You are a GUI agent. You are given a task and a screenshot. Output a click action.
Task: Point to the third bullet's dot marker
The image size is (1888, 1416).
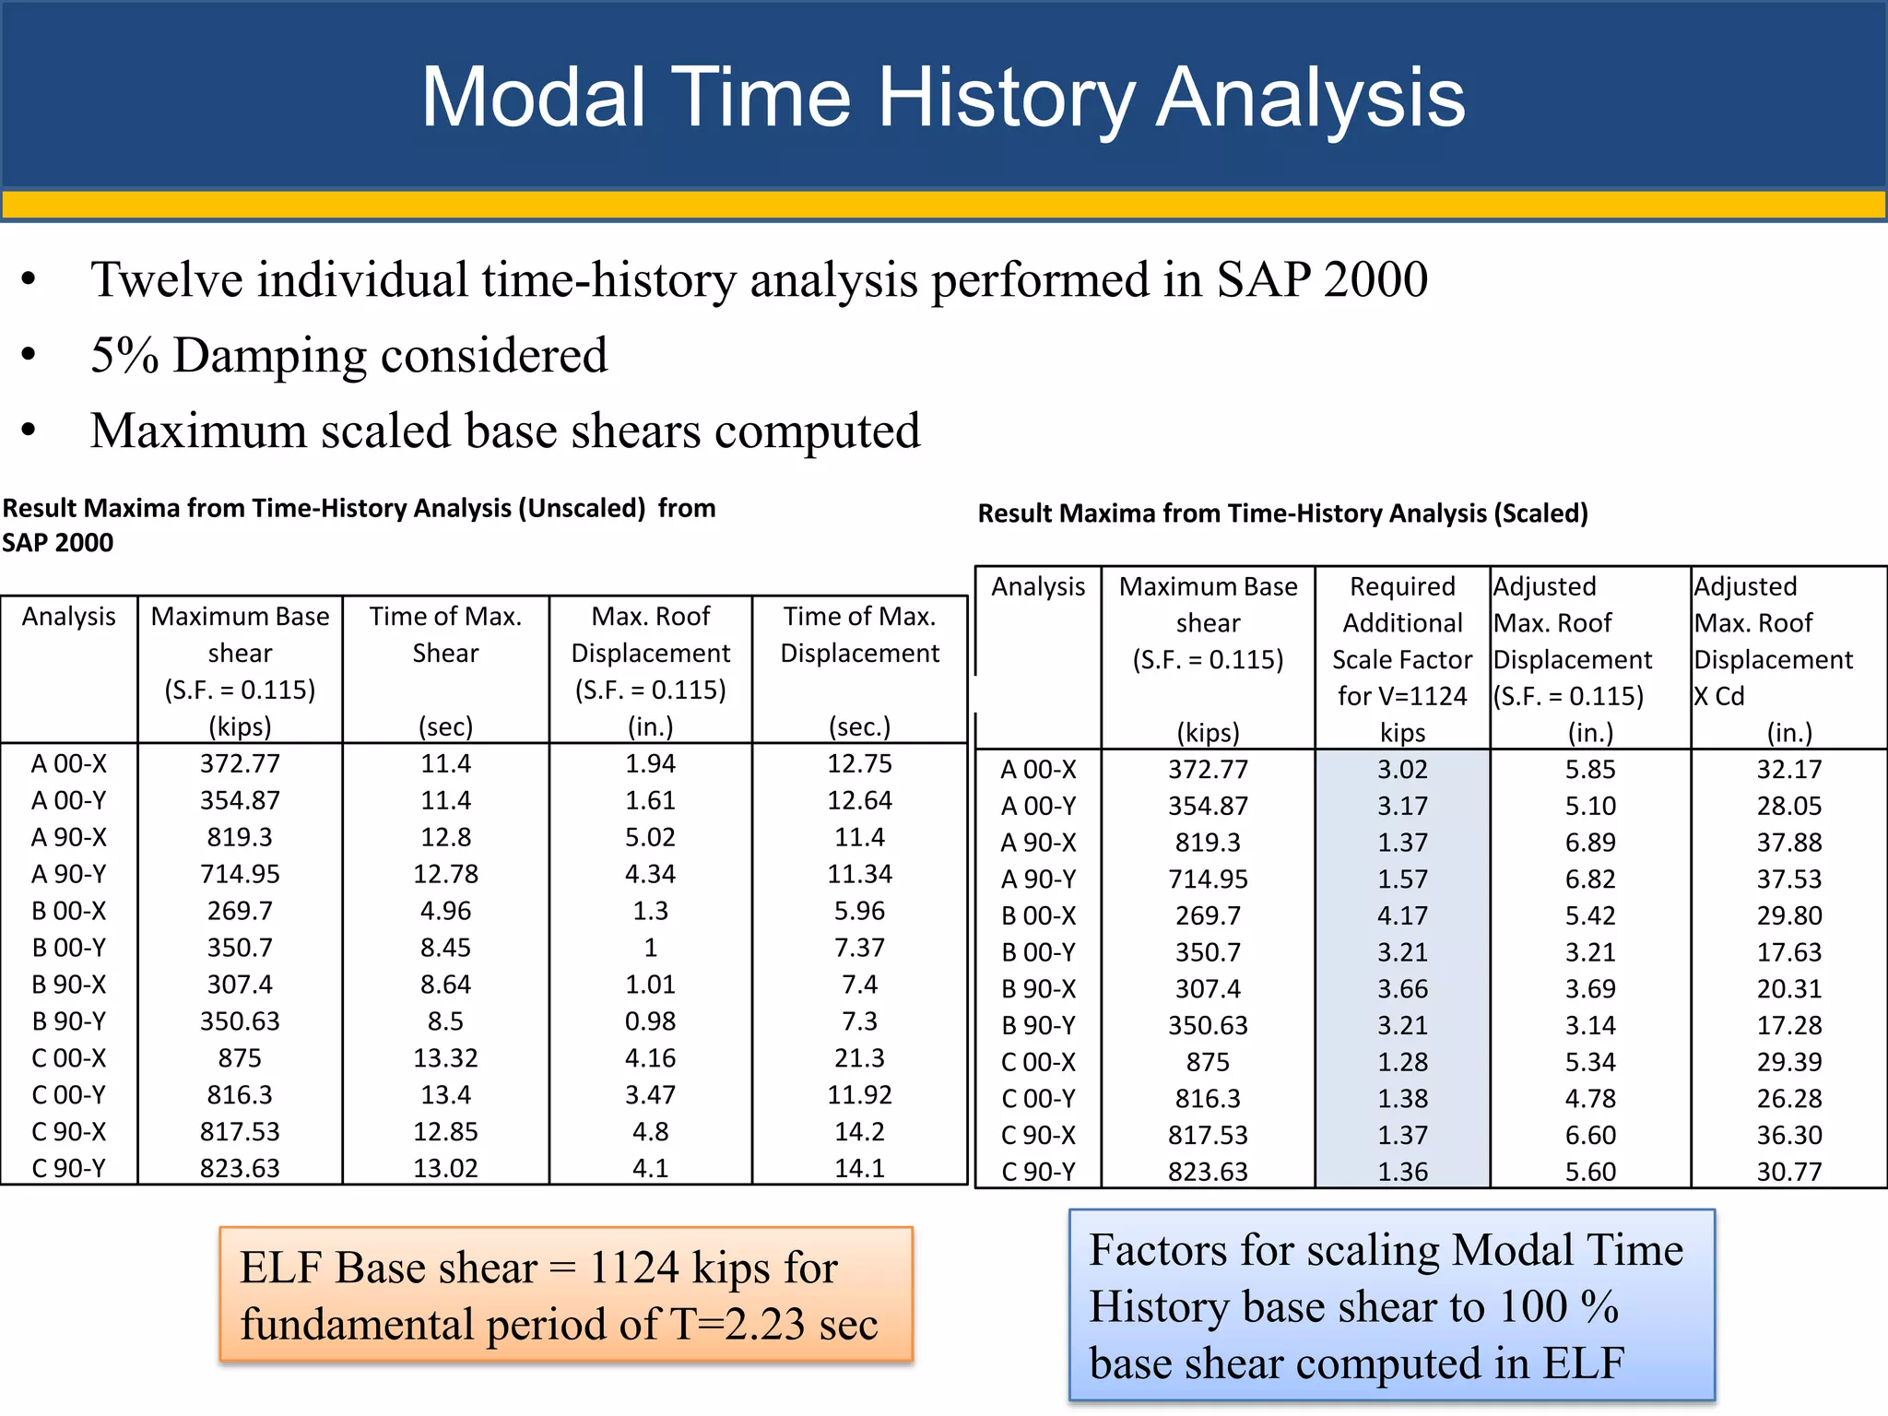click(29, 431)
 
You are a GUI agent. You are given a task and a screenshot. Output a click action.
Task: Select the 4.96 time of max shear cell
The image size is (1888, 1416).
click(445, 911)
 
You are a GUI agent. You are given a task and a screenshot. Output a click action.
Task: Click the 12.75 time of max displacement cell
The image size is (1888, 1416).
click(859, 763)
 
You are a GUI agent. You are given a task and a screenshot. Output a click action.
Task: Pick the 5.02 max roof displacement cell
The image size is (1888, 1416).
click(650, 837)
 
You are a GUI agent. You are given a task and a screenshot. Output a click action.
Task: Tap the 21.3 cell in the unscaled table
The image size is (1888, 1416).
click(859, 1057)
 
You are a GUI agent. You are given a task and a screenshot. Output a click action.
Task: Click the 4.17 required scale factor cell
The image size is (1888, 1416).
click(1402, 915)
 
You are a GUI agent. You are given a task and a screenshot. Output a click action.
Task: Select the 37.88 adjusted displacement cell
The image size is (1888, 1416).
click(1788, 843)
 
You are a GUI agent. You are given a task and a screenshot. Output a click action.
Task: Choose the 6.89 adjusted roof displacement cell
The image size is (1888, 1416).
click(1590, 843)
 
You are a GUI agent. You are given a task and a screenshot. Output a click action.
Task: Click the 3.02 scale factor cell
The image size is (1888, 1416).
click(1402, 769)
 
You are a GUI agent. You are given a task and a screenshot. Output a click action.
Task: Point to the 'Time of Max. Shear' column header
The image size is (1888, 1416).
click(445, 634)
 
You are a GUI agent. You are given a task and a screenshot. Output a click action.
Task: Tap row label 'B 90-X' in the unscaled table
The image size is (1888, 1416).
click(69, 985)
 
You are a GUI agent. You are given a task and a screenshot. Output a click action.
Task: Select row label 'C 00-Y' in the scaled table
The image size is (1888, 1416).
click(1038, 1099)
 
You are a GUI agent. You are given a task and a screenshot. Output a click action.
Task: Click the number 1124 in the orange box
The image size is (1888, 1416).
click(634, 1268)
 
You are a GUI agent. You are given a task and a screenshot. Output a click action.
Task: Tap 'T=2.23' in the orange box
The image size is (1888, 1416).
click(737, 1325)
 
